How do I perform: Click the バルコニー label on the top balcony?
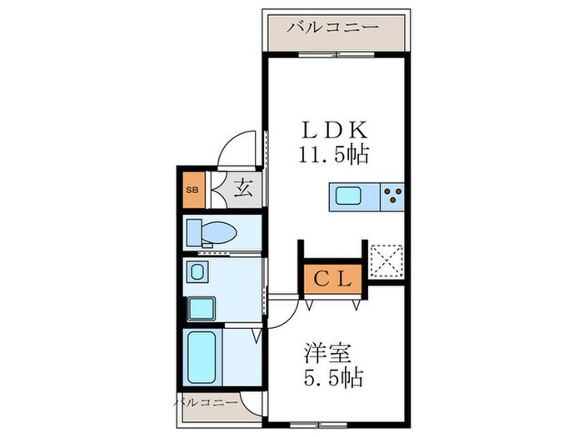333,27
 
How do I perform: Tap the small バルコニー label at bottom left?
205,402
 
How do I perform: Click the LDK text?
334,131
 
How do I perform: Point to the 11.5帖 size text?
334,154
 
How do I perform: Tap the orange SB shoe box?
192,189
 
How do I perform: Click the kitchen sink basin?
347,197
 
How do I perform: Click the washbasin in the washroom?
197,271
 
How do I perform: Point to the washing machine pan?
201,308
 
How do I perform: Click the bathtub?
201,355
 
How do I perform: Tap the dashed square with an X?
386,260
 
